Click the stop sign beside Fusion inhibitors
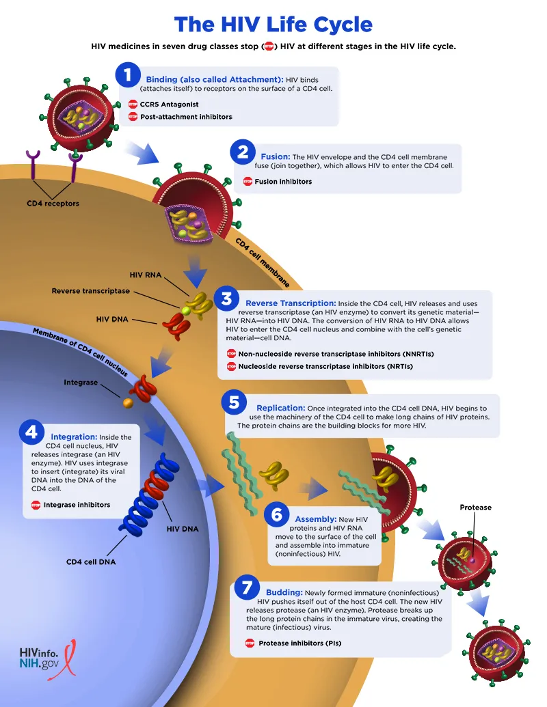click(248, 182)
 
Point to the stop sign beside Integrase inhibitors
click(36, 505)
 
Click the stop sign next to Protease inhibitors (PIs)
click(250, 643)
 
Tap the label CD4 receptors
click(53, 204)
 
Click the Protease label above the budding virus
click(475, 508)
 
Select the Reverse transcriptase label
click(90, 291)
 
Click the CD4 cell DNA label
click(91, 562)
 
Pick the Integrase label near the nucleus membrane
click(81, 383)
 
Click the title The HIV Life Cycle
click(273, 25)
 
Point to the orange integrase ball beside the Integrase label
click(127, 403)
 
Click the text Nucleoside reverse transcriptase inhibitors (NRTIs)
click(325, 367)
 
